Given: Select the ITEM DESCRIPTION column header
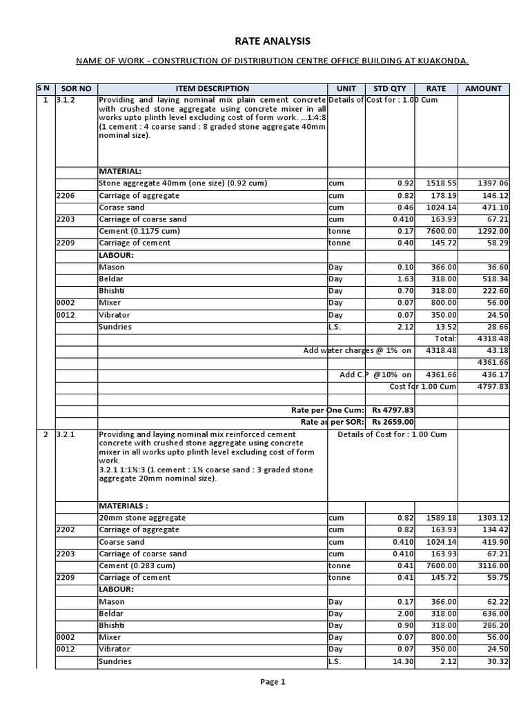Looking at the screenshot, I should (x=212, y=88).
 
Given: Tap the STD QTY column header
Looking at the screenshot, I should (x=390, y=88).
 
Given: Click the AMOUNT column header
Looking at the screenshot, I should (x=484, y=88).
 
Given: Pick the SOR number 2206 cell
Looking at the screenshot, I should (x=67, y=196).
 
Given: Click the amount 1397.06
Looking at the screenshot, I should (x=493, y=184).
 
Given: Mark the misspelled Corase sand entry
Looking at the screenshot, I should (x=122, y=208).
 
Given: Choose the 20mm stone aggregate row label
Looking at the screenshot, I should (x=142, y=518).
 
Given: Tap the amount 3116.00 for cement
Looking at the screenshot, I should (x=493, y=565).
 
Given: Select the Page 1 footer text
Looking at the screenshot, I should (x=272, y=682).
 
